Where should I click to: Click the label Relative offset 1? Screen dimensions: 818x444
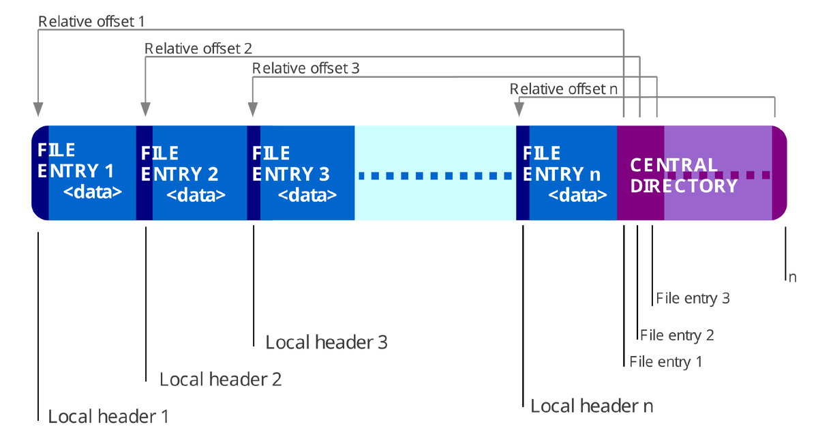(x=91, y=22)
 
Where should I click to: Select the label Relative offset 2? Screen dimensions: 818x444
(x=198, y=48)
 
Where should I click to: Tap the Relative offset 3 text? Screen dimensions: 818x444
(x=305, y=68)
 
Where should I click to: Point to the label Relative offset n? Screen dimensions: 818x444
(x=564, y=89)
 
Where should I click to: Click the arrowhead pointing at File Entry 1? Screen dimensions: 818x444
(x=38, y=109)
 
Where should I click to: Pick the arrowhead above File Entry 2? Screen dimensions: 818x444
(x=145, y=109)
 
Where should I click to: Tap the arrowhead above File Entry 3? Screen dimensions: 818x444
(x=253, y=109)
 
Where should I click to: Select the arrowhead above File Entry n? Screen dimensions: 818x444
(x=519, y=109)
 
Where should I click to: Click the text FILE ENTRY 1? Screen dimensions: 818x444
(x=76, y=160)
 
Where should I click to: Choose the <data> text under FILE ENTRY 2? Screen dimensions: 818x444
(x=196, y=195)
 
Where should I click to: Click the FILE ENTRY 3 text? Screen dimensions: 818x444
(x=290, y=164)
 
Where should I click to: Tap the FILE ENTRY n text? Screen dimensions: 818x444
(x=561, y=164)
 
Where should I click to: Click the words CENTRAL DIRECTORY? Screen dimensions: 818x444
(x=684, y=175)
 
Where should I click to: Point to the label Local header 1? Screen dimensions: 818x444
(x=108, y=417)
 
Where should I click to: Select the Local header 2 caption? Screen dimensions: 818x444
(x=221, y=379)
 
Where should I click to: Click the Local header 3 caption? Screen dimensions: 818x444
(x=327, y=342)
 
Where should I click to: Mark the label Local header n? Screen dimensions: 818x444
(x=592, y=406)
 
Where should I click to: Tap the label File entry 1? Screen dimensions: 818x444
(x=666, y=361)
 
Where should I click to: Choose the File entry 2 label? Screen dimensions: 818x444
(x=677, y=335)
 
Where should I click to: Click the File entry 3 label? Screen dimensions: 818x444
(x=693, y=298)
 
